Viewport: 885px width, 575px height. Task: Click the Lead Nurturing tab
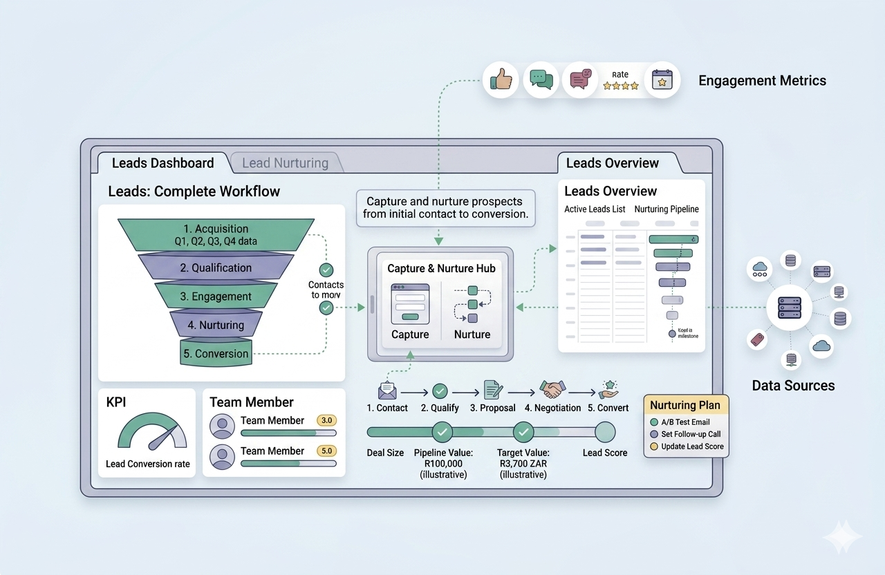285,163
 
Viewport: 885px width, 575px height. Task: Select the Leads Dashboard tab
162,163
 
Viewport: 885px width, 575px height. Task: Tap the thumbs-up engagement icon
501,80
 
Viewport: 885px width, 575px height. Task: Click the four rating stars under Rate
620,86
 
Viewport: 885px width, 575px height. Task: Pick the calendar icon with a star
662,80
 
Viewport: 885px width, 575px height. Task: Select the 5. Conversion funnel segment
215,353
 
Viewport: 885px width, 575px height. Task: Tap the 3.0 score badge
326,420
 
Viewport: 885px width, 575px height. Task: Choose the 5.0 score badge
326,451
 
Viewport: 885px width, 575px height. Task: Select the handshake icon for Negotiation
552,390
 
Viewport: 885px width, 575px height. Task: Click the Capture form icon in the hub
410,303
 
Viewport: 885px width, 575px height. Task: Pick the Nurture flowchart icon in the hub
472,304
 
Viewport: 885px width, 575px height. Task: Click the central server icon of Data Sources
790,306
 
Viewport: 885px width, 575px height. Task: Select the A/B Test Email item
684,422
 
